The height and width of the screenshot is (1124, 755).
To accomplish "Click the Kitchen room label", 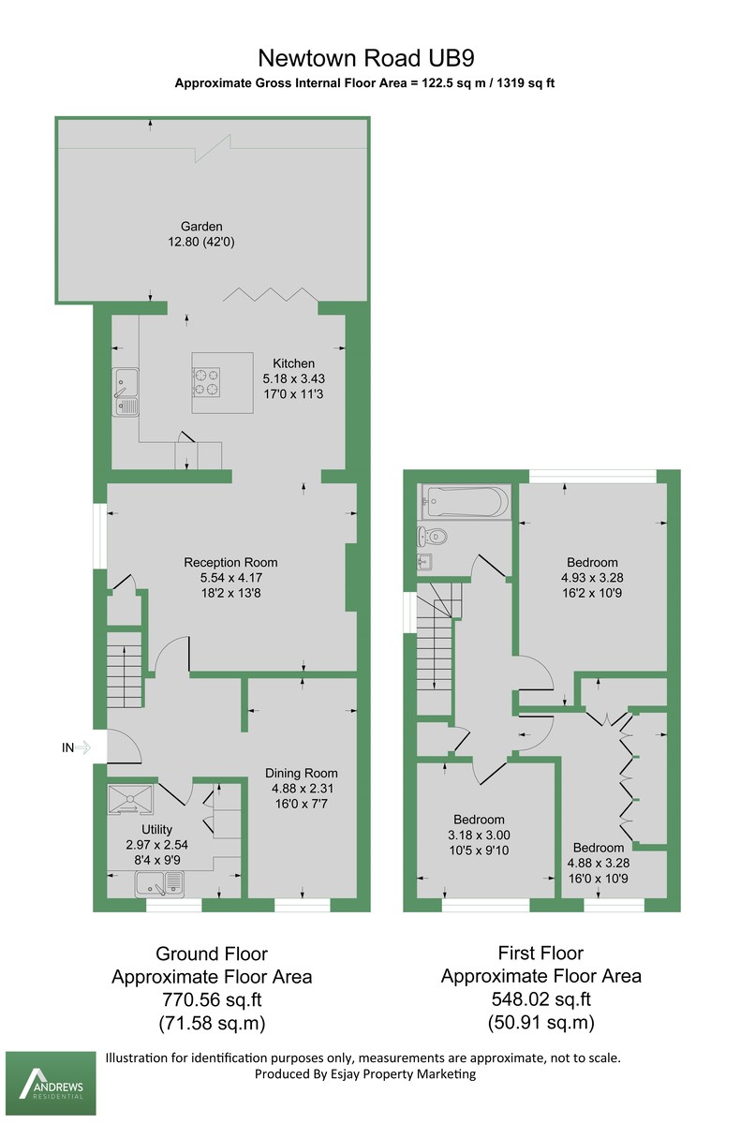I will click(x=294, y=363).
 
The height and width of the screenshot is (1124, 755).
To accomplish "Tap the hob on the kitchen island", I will click(x=206, y=379).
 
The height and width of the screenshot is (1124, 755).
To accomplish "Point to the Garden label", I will click(x=202, y=226).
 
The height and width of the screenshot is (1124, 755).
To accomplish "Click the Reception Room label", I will click(x=230, y=563).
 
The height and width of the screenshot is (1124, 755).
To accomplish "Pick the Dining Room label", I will click(x=301, y=774).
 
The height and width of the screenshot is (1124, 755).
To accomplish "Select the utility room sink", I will click(x=162, y=881).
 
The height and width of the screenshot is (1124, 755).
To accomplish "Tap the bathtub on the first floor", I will click(x=466, y=501).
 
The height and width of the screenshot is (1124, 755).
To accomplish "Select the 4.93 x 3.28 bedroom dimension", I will click(x=591, y=579).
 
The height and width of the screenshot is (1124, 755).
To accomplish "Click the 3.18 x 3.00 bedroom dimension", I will click(x=479, y=835).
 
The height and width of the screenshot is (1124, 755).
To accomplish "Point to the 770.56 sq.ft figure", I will click(x=212, y=998).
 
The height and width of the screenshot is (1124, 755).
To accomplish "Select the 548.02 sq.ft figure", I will click(x=541, y=998).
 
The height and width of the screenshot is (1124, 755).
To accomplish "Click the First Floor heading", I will click(x=541, y=954).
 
